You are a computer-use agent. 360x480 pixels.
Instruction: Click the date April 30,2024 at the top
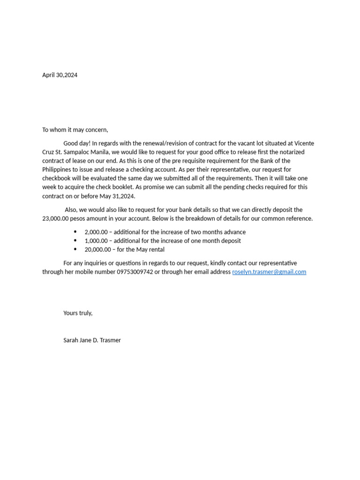click(x=60, y=75)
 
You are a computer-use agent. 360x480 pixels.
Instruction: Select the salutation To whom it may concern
click(x=75, y=130)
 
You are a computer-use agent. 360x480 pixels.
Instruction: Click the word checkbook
click(x=58, y=179)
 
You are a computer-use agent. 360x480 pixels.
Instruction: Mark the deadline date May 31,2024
click(x=117, y=196)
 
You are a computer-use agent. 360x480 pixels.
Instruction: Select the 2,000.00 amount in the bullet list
click(x=96, y=232)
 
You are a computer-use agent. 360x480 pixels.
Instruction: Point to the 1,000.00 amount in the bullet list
click(x=96, y=241)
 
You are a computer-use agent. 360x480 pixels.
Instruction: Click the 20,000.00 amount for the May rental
click(x=97, y=250)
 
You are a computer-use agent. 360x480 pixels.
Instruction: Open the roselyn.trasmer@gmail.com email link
click(x=269, y=272)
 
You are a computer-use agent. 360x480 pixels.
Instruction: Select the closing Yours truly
click(x=78, y=313)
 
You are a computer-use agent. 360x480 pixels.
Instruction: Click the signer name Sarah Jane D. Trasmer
click(x=92, y=340)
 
